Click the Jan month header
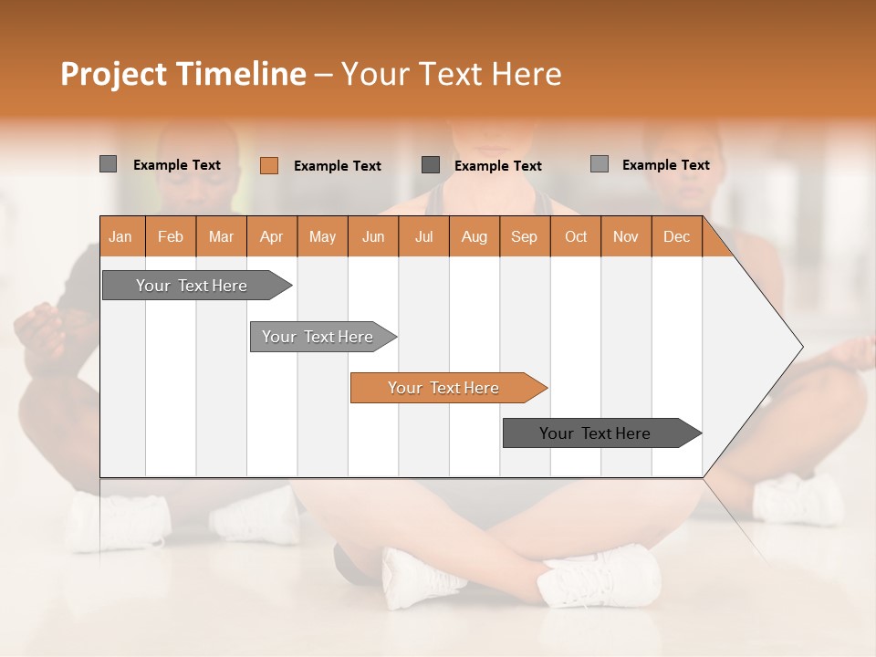pos(121,236)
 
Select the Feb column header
pos(171,236)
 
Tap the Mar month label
pos(221,236)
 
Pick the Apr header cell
pos(272,236)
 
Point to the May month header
pos(322,236)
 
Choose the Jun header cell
pos(373,236)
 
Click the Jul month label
pos(423,236)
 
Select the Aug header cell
pos(474,236)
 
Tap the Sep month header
pos(525,236)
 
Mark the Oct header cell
pos(576,236)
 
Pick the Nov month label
pos(626,236)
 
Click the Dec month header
pos(677,236)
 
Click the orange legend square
pos(269,165)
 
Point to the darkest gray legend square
pos(431,164)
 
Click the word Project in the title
pos(113,74)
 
